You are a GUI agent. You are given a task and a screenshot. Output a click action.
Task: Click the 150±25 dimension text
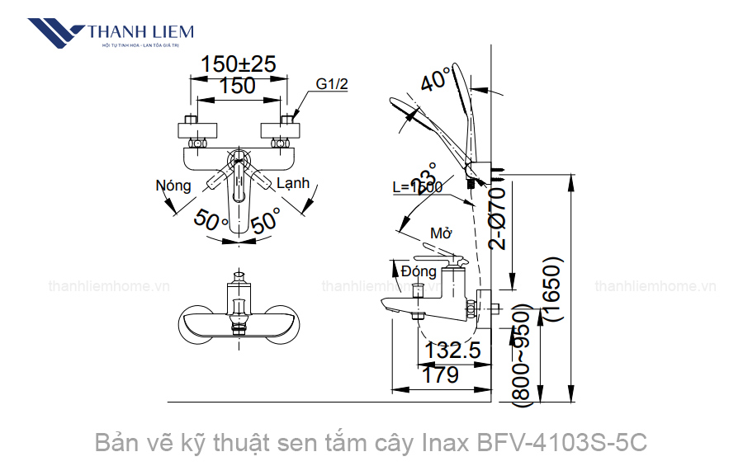(x=239, y=64)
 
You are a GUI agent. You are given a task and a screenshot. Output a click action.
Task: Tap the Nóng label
(x=173, y=186)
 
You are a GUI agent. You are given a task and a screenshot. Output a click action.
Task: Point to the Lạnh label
(x=293, y=183)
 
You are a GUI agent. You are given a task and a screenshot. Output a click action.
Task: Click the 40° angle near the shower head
(x=437, y=80)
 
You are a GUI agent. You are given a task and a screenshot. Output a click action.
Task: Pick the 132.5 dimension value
(x=452, y=351)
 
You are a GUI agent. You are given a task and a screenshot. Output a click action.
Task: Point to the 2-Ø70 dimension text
(x=496, y=216)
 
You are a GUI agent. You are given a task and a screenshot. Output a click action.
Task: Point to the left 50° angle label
(x=211, y=220)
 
